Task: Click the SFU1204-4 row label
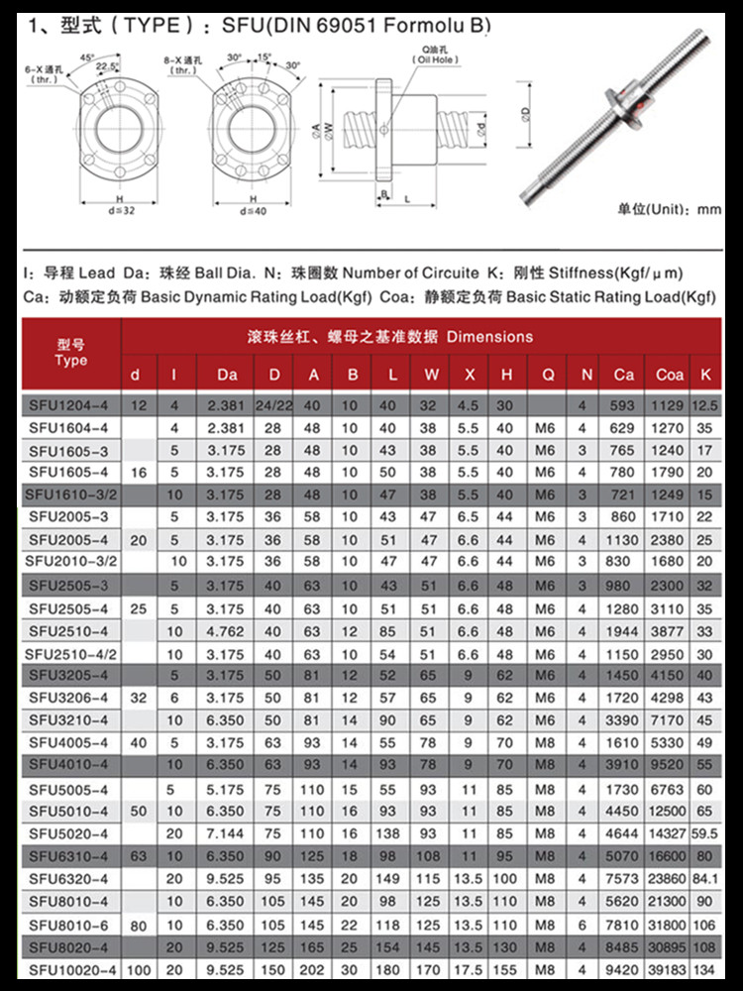68,405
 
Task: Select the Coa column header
669,375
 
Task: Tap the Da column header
227,375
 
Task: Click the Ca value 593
622,405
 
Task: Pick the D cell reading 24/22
273,405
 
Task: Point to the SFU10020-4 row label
72,969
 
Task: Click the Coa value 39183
667,969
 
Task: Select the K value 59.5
704,833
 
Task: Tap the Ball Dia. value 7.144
225,833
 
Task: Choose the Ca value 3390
622,720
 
